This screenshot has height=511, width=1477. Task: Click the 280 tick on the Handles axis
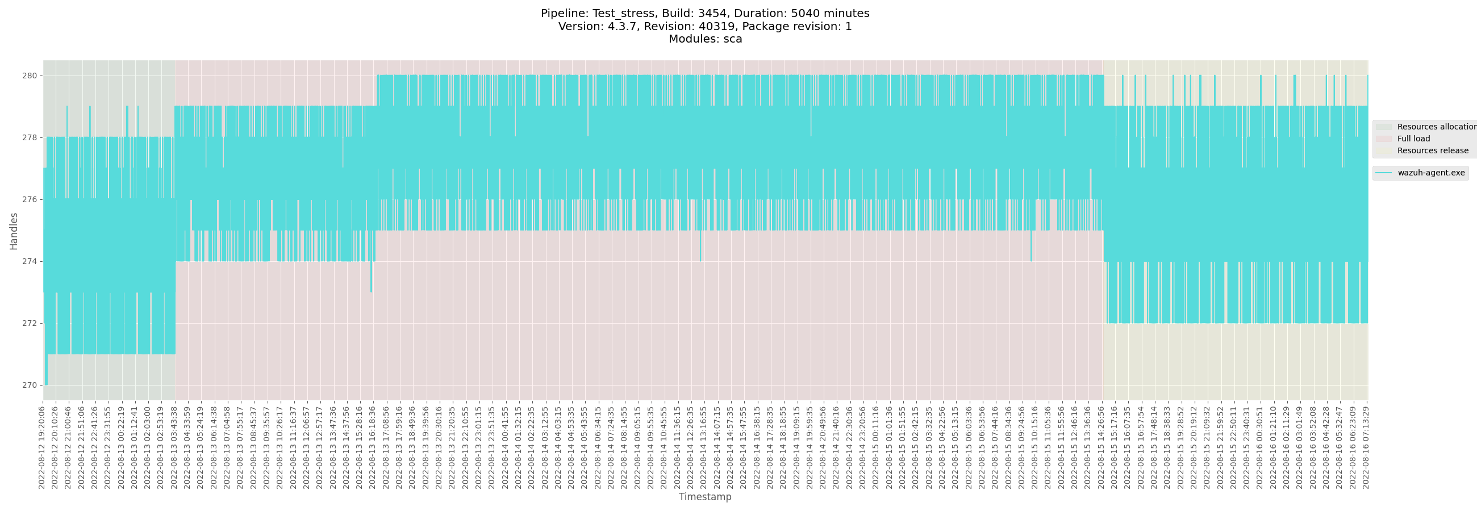[x=30, y=76]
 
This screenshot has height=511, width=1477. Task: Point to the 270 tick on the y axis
[x=30, y=385]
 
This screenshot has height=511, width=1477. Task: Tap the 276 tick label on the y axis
[x=30, y=199]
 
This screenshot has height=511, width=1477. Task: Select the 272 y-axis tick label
[x=30, y=323]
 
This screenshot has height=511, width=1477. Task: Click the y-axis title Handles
[x=14, y=231]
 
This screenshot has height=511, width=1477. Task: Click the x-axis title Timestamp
[x=704, y=497]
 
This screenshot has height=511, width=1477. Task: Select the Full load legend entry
[x=1413, y=139]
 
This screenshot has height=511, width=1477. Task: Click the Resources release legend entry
[x=1432, y=150]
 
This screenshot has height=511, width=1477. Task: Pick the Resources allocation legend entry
[x=1436, y=127]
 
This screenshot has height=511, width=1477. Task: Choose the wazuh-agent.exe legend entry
[x=1430, y=173]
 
